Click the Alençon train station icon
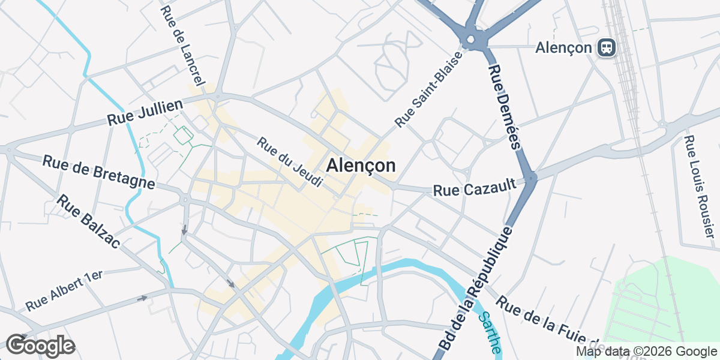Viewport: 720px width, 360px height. pyautogui.click(x=607, y=47)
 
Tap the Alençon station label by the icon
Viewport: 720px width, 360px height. pyautogui.click(x=563, y=47)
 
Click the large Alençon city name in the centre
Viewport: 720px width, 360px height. pyautogui.click(x=361, y=166)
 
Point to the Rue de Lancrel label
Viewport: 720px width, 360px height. pyautogui.click(x=183, y=44)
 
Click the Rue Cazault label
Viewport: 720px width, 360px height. pyautogui.click(x=475, y=190)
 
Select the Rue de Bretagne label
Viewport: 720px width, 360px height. pyautogui.click(x=98, y=172)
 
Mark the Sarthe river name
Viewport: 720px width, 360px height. pyautogui.click(x=488, y=334)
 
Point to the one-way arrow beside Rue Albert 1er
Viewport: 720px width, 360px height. pyautogui.click(x=142, y=298)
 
